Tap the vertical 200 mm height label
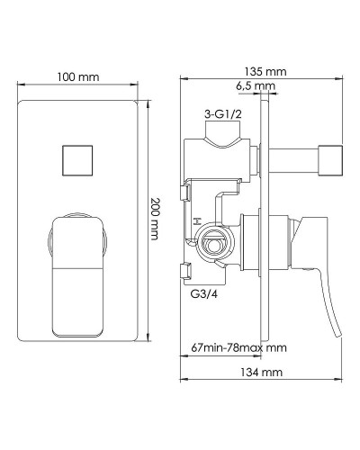[x=154, y=220]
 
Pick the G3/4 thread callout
[x=202, y=292]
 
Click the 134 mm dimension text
[x=264, y=373]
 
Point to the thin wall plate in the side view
[x=265, y=225]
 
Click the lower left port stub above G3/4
[x=186, y=271]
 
